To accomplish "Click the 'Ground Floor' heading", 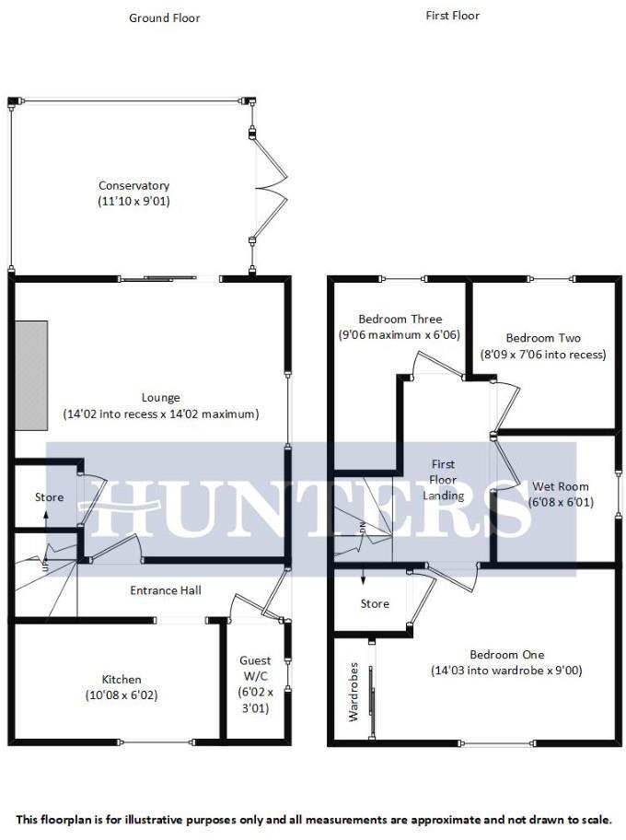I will pyautogui.click(x=164, y=17).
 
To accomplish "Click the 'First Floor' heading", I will pyautogui.click(x=452, y=16).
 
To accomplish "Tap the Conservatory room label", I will pyautogui.click(x=134, y=185).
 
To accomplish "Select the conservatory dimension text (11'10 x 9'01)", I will pyautogui.click(x=134, y=201).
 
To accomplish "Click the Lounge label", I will pyautogui.click(x=160, y=398).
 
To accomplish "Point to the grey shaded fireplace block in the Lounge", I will pyautogui.click(x=31, y=375).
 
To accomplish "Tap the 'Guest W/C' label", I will pyautogui.click(x=255, y=669).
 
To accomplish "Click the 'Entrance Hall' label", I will pyautogui.click(x=166, y=590).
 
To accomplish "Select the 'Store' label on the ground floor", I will pyautogui.click(x=50, y=497).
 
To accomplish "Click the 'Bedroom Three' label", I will pyautogui.click(x=400, y=320).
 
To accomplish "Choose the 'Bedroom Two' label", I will pyautogui.click(x=543, y=338).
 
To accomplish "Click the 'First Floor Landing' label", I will pyautogui.click(x=443, y=480).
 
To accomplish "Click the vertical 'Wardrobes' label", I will pyautogui.click(x=353, y=691).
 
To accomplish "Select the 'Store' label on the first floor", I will pyautogui.click(x=375, y=604).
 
